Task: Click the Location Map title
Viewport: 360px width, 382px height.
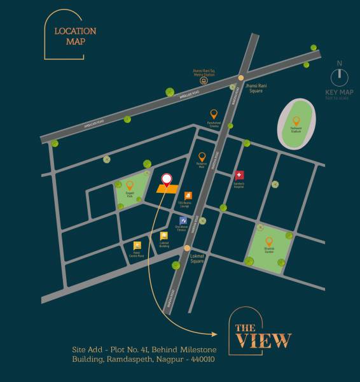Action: (74, 36)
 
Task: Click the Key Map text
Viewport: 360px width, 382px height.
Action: (339, 92)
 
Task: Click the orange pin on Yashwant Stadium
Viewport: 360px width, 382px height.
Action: (296, 120)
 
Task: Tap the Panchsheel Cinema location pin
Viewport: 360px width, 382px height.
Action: (214, 115)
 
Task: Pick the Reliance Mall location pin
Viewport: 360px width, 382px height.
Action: (202, 157)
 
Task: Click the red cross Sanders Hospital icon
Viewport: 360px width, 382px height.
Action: (239, 175)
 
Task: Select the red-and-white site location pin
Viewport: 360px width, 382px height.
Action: (167, 180)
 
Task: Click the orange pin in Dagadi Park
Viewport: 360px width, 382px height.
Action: (130, 185)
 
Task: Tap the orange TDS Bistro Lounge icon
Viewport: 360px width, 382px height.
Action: (188, 195)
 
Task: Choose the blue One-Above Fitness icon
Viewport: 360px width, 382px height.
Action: (183, 220)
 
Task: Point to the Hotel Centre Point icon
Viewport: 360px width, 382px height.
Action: (137, 246)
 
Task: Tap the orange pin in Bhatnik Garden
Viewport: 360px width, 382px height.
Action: (269, 241)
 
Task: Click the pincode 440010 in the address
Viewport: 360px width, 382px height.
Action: (199, 359)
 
